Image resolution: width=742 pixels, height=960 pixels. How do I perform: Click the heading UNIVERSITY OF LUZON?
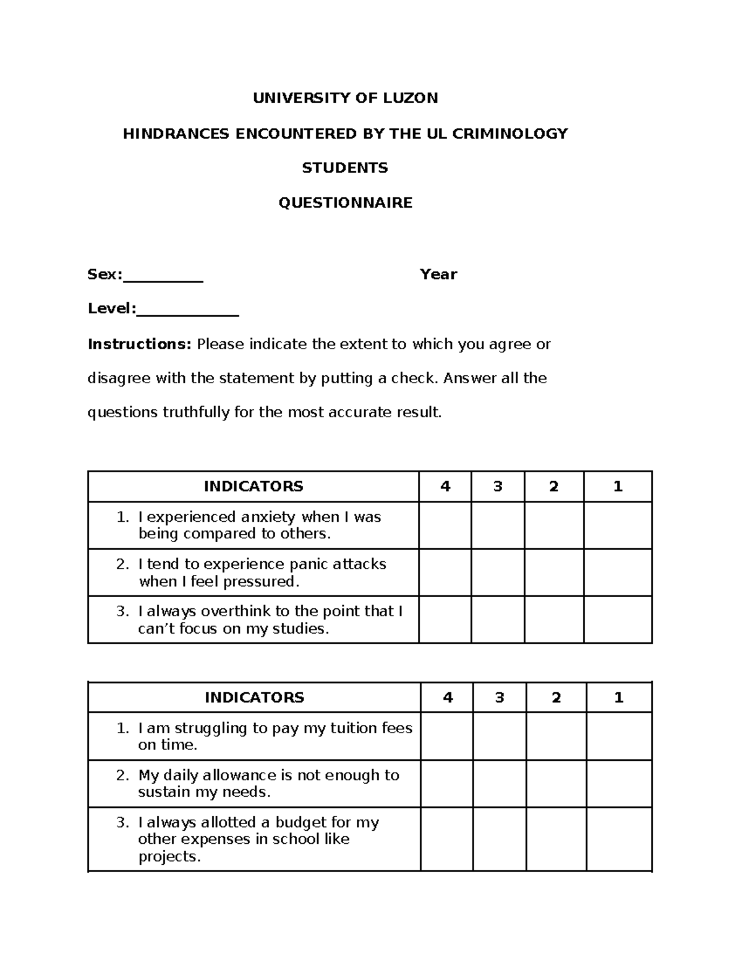click(x=345, y=98)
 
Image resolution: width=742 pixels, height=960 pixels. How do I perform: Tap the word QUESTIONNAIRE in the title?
click(x=345, y=203)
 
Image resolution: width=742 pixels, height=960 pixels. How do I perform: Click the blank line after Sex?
click(x=163, y=278)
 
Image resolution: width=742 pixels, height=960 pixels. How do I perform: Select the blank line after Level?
click(x=187, y=312)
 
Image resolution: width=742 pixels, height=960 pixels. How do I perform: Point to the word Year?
click(x=438, y=274)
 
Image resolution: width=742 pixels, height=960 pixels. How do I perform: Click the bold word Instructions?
click(x=140, y=344)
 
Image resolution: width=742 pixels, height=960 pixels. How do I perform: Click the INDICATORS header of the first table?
click(x=254, y=486)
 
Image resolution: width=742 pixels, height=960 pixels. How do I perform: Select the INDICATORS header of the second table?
click(x=254, y=697)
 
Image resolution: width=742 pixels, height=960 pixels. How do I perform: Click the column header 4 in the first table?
click(x=445, y=486)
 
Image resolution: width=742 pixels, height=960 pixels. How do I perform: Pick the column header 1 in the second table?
click(x=619, y=697)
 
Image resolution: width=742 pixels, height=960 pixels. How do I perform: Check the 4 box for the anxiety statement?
click(x=445, y=525)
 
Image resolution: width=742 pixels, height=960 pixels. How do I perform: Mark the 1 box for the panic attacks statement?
click(x=618, y=572)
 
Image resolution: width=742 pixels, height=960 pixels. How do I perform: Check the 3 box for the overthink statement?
click(x=498, y=619)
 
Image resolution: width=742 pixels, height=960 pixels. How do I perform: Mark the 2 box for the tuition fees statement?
click(x=556, y=736)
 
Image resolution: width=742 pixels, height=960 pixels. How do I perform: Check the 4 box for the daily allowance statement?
click(x=447, y=783)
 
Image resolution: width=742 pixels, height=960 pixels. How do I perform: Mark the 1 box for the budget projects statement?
click(x=619, y=839)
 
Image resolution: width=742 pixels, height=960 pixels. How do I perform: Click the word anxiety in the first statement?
click(x=269, y=517)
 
